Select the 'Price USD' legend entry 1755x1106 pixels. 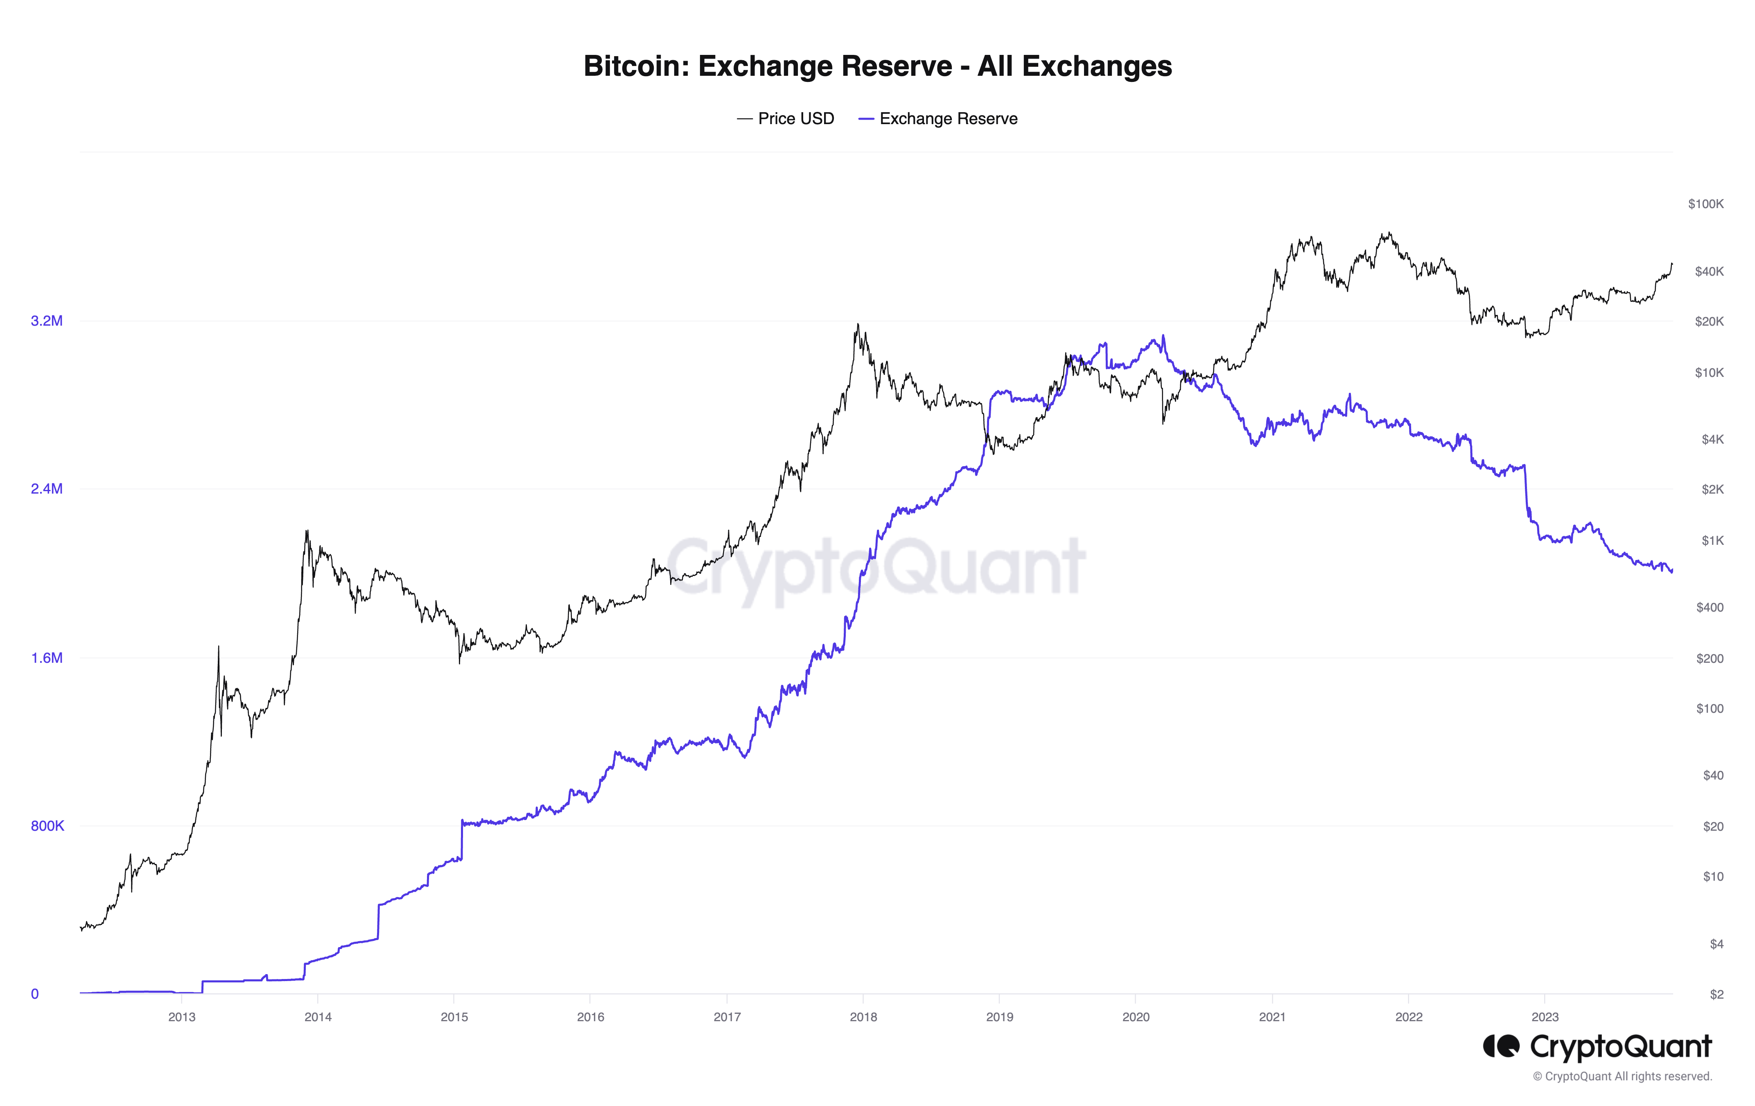pos(786,119)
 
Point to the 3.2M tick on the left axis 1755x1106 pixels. pos(47,321)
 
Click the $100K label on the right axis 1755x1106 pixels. pos(1705,204)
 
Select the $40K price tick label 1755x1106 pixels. pos(1709,271)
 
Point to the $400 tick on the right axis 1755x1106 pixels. pos(1710,607)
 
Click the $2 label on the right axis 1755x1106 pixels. pos(1717,995)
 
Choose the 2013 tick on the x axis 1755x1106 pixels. pos(181,1017)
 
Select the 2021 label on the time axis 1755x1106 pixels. pos(1272,1017)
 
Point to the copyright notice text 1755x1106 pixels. pos(1622,1077)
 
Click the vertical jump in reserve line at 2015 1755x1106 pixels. pos(461,840)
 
